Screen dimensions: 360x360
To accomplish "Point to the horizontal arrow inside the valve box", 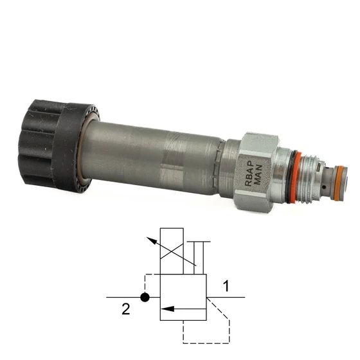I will tap(183, 309).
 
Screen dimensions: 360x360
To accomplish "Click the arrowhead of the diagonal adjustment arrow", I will tap(150, 240).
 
